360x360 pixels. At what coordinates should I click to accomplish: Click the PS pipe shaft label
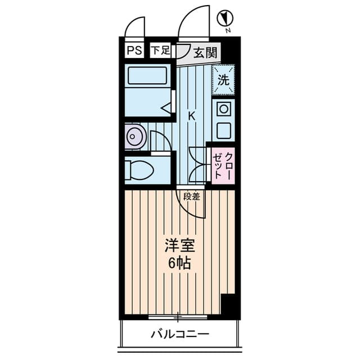[x=134, y=50]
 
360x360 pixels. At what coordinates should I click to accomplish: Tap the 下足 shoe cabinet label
[x=161, y=50]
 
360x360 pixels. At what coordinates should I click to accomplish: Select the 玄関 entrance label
[x=205, y=53]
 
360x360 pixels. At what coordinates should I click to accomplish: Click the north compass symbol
[x=225, y=18]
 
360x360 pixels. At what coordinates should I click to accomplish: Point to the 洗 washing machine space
[x=223, y=80]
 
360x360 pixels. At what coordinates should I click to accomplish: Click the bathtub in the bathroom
[x=147, y=75]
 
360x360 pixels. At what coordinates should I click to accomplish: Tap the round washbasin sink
[x=136, y=136]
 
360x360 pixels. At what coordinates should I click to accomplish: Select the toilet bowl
[x=139, y=170]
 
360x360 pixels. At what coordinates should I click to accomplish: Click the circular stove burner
[x=224, y=109]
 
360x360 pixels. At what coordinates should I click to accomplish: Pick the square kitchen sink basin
[x=224, y=131]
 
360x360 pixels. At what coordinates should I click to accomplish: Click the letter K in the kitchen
[x=192, y=116]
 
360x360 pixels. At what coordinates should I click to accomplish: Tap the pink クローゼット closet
[x=223, y=166]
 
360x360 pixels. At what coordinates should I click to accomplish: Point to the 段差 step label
[x=192, y=196]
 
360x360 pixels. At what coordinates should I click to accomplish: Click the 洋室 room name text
[x=180, y=245]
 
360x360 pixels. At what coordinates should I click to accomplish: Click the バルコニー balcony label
[x=180, y=334]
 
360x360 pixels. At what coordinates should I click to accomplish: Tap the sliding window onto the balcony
[x=178, y=317]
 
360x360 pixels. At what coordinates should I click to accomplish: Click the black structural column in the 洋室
[x=231, y=306]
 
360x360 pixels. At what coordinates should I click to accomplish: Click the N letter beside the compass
[x=228, y=30]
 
